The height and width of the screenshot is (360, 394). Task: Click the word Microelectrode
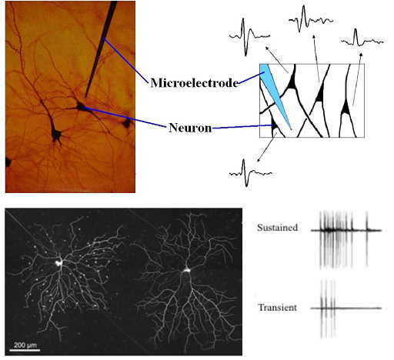point(195,83)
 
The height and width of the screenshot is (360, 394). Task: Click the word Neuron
point(190,128)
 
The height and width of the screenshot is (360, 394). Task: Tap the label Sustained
point(278,228)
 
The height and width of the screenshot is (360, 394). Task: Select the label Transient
point(278,307)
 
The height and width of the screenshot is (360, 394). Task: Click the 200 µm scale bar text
point(25,345)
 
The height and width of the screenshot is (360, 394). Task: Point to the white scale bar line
point(25,350)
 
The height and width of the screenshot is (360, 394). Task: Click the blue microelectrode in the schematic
point(275,94)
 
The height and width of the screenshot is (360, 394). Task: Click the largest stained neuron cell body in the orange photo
point(56,134)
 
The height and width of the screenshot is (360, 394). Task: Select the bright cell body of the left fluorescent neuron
point(58,262)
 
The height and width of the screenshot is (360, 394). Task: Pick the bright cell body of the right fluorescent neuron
point(186,269)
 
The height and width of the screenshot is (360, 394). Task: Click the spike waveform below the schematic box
point(250,173)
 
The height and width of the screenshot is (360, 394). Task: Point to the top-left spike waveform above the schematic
point(249,37)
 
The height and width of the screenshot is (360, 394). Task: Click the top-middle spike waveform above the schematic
point(311,19)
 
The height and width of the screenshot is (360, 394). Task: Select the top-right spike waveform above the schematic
point(362,38)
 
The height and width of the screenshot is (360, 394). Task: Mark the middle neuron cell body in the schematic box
point(319,95)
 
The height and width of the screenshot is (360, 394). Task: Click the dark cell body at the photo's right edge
point(126,124)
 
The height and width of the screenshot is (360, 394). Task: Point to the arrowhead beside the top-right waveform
point(361,55)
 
